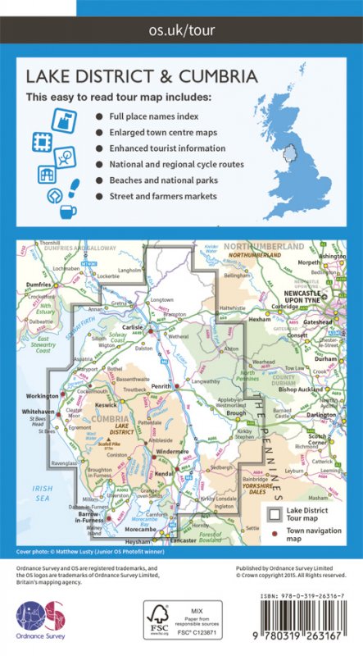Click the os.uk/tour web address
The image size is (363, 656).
click(181, 32)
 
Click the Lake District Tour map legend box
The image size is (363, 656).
click(276, 515)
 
